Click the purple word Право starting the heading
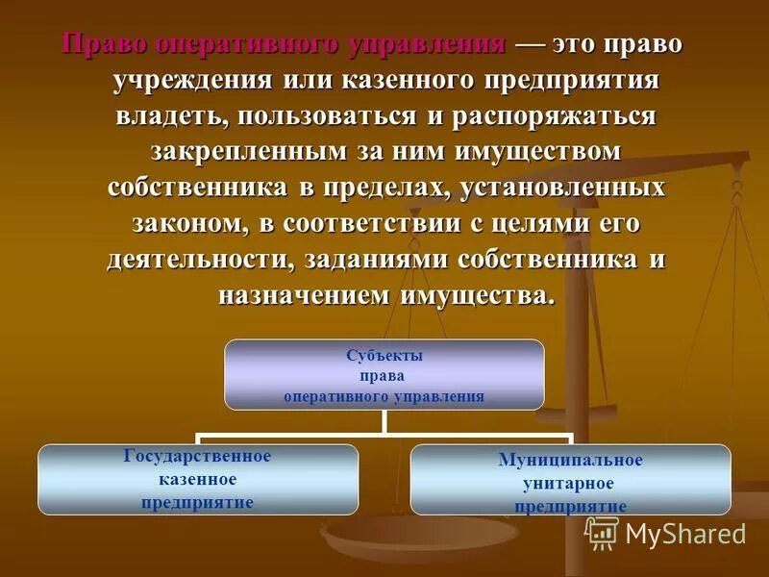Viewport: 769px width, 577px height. (101, 45)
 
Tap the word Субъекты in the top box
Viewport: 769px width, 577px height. (384, 355)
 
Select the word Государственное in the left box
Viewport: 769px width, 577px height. (198, 456)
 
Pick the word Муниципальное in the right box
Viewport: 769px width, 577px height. (570, 461)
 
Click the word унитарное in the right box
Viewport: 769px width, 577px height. (570, 484)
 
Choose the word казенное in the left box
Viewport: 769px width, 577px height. (198, 479)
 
